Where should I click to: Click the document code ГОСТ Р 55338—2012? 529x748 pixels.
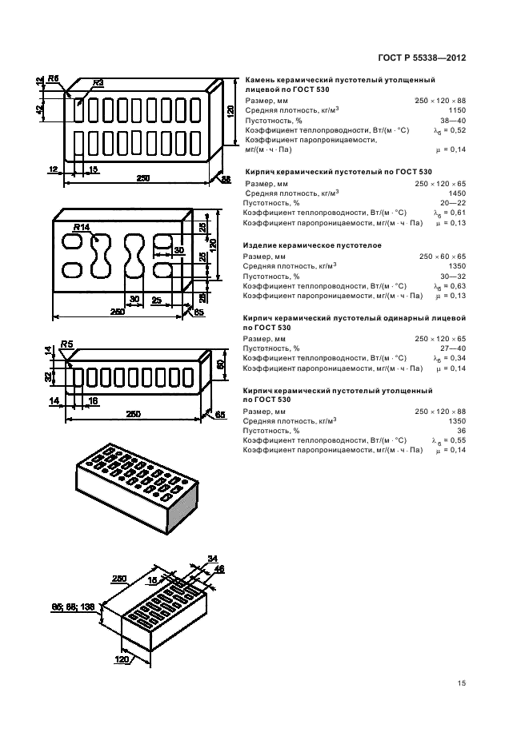pos(421,58)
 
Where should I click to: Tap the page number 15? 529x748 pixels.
pos(461,683)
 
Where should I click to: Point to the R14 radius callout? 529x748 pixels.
pos(81,229)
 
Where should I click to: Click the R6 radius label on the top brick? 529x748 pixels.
pos(53,78)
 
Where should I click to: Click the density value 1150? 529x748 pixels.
pos(456,110)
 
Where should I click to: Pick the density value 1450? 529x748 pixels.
pos(456,193)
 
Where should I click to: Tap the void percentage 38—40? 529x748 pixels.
pos(452,120)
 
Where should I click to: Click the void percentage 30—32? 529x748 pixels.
pos(452,277)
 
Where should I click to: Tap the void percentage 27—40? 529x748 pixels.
pos(452,349)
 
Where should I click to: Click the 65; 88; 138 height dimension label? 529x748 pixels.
pos(74,607)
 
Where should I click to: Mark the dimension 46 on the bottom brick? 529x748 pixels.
pos(219,568)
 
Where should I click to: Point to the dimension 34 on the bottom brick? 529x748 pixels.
pos(212,558)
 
